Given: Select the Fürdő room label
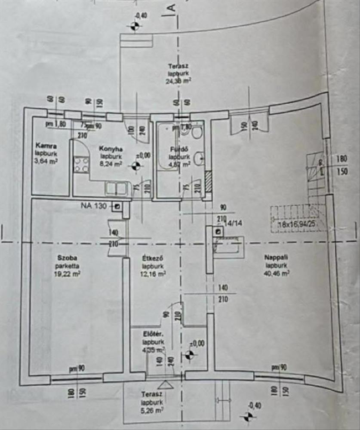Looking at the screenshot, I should coord(178,150).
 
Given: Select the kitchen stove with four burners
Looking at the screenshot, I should coord(81,165).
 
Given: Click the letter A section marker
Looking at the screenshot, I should coord(171,7).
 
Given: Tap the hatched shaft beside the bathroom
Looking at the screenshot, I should coord(209,181).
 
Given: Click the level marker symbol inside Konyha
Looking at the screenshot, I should coord(136,166).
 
